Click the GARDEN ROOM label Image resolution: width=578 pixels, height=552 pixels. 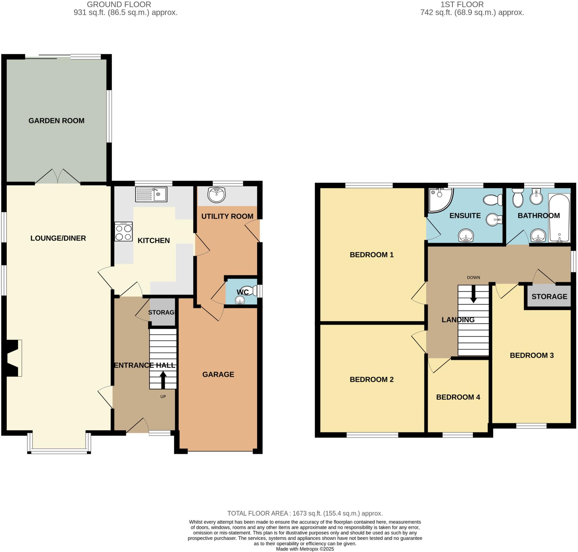(x=56, y=121)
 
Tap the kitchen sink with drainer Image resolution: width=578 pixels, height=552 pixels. (x=151, y=194)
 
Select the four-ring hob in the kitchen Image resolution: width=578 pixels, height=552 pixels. (x=123, y=231)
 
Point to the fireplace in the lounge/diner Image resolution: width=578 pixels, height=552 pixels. (x=13, y=358)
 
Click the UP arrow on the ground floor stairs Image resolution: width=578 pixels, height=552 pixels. (x=163, y=380)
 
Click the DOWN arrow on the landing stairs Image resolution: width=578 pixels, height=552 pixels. (x=473, y=295)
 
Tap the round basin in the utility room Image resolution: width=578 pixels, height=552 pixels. (x=216, y=195)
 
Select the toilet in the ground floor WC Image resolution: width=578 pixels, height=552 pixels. (x=247, y=290)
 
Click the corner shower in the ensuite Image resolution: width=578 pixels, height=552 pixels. (x=439, y=200)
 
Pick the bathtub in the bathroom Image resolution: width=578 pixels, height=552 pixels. (x=559, y=218)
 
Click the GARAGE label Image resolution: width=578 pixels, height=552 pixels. (x=218, y=374)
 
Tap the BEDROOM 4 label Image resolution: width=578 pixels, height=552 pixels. (x=458, y=397)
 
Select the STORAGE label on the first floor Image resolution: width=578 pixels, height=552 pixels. (x=549, y=297)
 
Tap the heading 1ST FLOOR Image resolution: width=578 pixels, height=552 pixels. (x=462, y=5)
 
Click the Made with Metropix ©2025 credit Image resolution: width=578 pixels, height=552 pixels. (x=305, y=549)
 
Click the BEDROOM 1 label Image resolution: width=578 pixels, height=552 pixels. (x=371, y=255)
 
